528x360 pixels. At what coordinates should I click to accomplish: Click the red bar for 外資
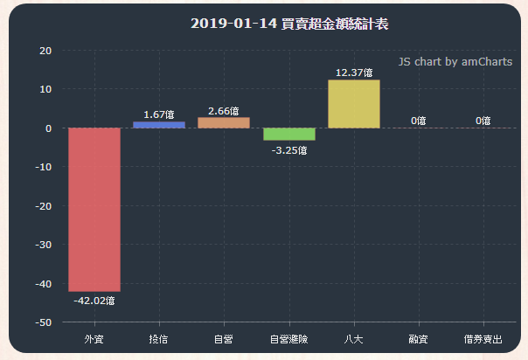pyautogui.click(x=94, y=210)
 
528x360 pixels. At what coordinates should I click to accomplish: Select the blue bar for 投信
pyautogui.click(x=159, y=125)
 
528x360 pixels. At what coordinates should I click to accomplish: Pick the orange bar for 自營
pyautogui.click(x=224, y=122)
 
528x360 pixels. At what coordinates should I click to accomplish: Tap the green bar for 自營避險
pyautogui.click(x=289, y=135)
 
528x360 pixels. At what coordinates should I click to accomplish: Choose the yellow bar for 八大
pyautogui.click(x=354, y=104)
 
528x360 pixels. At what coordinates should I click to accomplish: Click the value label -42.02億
pyautogui.click(x=94, y=301)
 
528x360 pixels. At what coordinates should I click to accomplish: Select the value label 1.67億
pyautogui.click(x=158, y=114)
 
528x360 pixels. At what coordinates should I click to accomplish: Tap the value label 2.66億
pyautogui.click(x=224, y=111)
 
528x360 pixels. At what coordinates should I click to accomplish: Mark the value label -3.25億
pyautogui.click(x=288, y=150)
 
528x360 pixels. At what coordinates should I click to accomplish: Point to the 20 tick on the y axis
pyautogui.click(x=45, y=51)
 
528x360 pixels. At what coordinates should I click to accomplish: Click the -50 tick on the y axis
pyautogui.click(x=43, y=322)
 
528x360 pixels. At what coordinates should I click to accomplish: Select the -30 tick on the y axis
pyautogui.click(x=43, y=245)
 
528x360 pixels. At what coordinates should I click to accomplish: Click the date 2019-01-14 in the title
pyautogui.click(x=232, y=24)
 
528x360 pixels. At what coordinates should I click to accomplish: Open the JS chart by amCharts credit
pyautogui.click(x=455, y=62)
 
